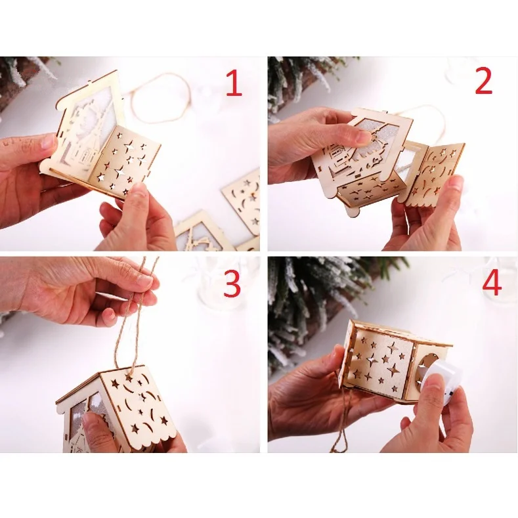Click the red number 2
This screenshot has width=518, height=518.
pos(483,81)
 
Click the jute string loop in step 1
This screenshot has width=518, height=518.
pos(161,98)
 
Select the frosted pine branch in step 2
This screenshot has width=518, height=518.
pos(295,85)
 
